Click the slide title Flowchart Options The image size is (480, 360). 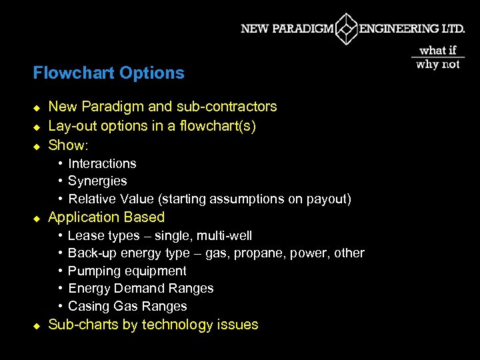(x=109, y=73)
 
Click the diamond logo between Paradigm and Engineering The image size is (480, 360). (x=346, y=29)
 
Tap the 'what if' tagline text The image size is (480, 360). (x=437, y=50)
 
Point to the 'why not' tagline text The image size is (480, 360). (x=437, y=65)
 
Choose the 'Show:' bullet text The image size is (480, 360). (x=68, y=145)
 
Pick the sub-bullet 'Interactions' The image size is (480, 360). (x=102, y=163)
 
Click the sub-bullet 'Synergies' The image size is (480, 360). (x=97, y=181)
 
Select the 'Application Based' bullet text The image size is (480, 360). (x=106, y=217)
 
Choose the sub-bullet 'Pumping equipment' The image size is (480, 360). (x=127, y=271)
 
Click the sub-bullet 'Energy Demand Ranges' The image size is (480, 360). (x=141, y=289)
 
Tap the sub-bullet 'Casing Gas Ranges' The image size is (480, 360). (x=127, y=307)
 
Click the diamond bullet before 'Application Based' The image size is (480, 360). (x=37, y=218)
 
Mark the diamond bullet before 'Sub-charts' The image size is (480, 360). (x=37, y=325)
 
